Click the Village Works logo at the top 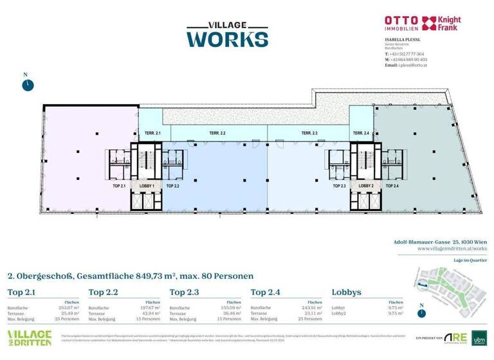tap(226, 34)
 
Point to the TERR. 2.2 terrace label tap(217, 133)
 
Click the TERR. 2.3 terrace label tap(309, 133)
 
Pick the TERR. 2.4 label tap(361, 133)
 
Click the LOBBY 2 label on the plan tap(367, 185)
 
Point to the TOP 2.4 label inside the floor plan tap(392, 185)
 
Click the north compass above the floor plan tap(26, 84)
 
